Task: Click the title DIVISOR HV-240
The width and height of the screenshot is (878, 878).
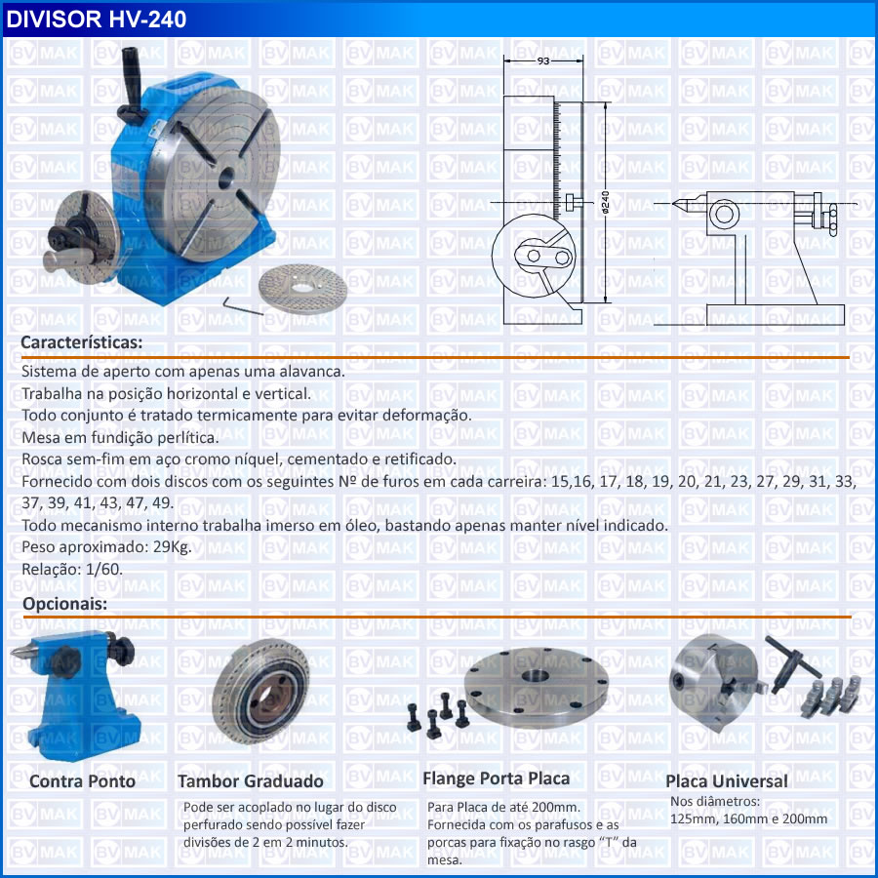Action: pyautogui.click(x=96, y=20)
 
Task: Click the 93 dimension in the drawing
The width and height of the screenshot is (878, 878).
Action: pyautogui.click(x=542, y=60)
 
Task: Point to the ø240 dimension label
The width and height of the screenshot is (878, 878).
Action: pyautogui.click(x=605, y=202)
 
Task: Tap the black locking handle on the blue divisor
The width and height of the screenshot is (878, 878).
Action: pyautogui.click(x=132, y=84)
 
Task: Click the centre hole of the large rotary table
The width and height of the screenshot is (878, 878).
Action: pyautogui.click(x=225, y=178)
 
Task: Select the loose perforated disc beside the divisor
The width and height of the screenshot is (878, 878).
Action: pyautogui.click(x=303, y=288)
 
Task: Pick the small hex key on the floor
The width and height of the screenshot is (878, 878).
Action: pyautogui.click(x=242, y=305)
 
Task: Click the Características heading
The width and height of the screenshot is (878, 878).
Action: pyautogui.click(x=82, y=342)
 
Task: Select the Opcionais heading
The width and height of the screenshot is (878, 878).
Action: pyautogui.click(x=65, y=604)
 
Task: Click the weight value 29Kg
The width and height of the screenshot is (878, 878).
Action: pyautogui.click(x=173, y=547)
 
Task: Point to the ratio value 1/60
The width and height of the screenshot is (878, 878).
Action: pyautogui.click(x=104, y=569)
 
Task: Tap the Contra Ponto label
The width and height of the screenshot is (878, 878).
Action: pyautogui.click(x=82, y=781)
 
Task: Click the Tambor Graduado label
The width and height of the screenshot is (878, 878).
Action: pyautogui.click(x=251, y=781)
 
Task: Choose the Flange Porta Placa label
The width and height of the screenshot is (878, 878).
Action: pyautogui.click(x=497, y=778)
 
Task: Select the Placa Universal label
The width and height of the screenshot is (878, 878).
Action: pyautogui.click(x=726, y=781)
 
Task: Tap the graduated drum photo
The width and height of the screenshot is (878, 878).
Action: pyautogui.click(x=260, y=692)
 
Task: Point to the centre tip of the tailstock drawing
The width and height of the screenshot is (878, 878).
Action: pyautogui.click(x=673, y=203)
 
